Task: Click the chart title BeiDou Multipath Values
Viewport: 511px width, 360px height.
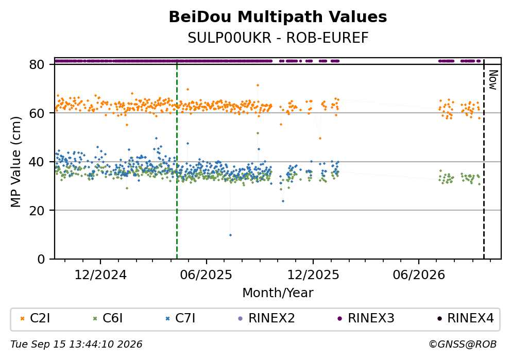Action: [x=278, y=17]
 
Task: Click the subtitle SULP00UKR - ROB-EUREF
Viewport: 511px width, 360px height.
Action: [x=278, y=38]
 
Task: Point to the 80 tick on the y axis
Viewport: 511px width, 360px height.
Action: [x=37, y=64]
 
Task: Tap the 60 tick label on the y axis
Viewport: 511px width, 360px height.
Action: [x=37, y=113]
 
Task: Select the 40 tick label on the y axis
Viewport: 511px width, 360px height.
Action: [x=37, y=162]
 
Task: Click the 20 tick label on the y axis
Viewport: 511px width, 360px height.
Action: [x=37, y=211]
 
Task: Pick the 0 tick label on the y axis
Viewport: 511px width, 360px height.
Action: [x=41, y=259]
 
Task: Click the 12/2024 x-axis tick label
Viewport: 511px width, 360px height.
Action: [x=100, y=275]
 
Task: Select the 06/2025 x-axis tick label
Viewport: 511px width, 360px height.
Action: [x=206, y=275]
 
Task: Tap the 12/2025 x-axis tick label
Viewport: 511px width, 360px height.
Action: [x=313, y=275]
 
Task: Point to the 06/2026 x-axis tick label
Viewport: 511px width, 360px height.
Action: [x=419, y=275]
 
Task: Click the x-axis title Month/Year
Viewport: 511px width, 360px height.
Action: [x=278, y=293]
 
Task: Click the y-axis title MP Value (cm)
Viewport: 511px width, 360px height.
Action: [x=15, y=162]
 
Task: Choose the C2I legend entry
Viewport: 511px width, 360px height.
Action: [x=36, y=318]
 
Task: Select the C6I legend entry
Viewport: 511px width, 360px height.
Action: [x=108, y=318]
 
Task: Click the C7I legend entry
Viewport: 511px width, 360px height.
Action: [x=181, y=318]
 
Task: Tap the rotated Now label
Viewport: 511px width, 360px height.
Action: [x=493, y=80]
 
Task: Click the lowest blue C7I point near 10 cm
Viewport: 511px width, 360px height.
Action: [x=230, y=235]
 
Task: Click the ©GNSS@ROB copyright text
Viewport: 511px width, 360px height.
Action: [x=463, y=345]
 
